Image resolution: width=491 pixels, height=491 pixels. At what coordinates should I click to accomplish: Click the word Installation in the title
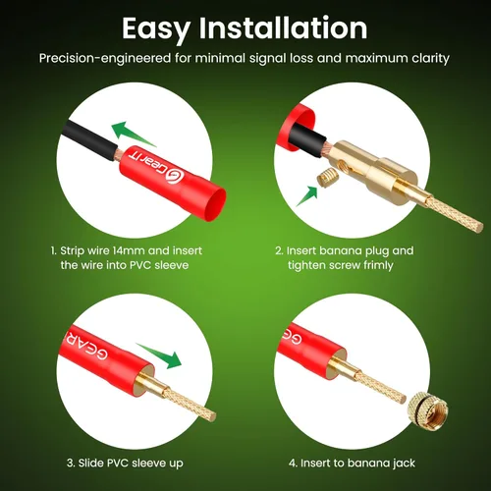(x=284, y=27)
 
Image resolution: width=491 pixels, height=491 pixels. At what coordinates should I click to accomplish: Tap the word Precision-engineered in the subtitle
(x=105, y=58)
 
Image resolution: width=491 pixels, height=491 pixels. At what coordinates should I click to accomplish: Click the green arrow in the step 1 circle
(x=133, y=134)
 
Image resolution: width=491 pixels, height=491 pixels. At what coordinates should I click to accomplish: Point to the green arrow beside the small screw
(x=307, y=195)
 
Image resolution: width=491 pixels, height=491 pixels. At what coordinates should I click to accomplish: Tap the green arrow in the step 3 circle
(x=160, y=355)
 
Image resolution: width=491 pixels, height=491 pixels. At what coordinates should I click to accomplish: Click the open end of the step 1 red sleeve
(x=214, y=203)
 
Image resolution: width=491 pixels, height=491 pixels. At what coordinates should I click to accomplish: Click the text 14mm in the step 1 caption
(x=125, y=250)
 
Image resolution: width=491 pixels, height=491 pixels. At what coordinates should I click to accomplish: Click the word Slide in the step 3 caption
(x=90, y=463)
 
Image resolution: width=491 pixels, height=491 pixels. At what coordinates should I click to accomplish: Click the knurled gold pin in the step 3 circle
(x=190, y=404)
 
